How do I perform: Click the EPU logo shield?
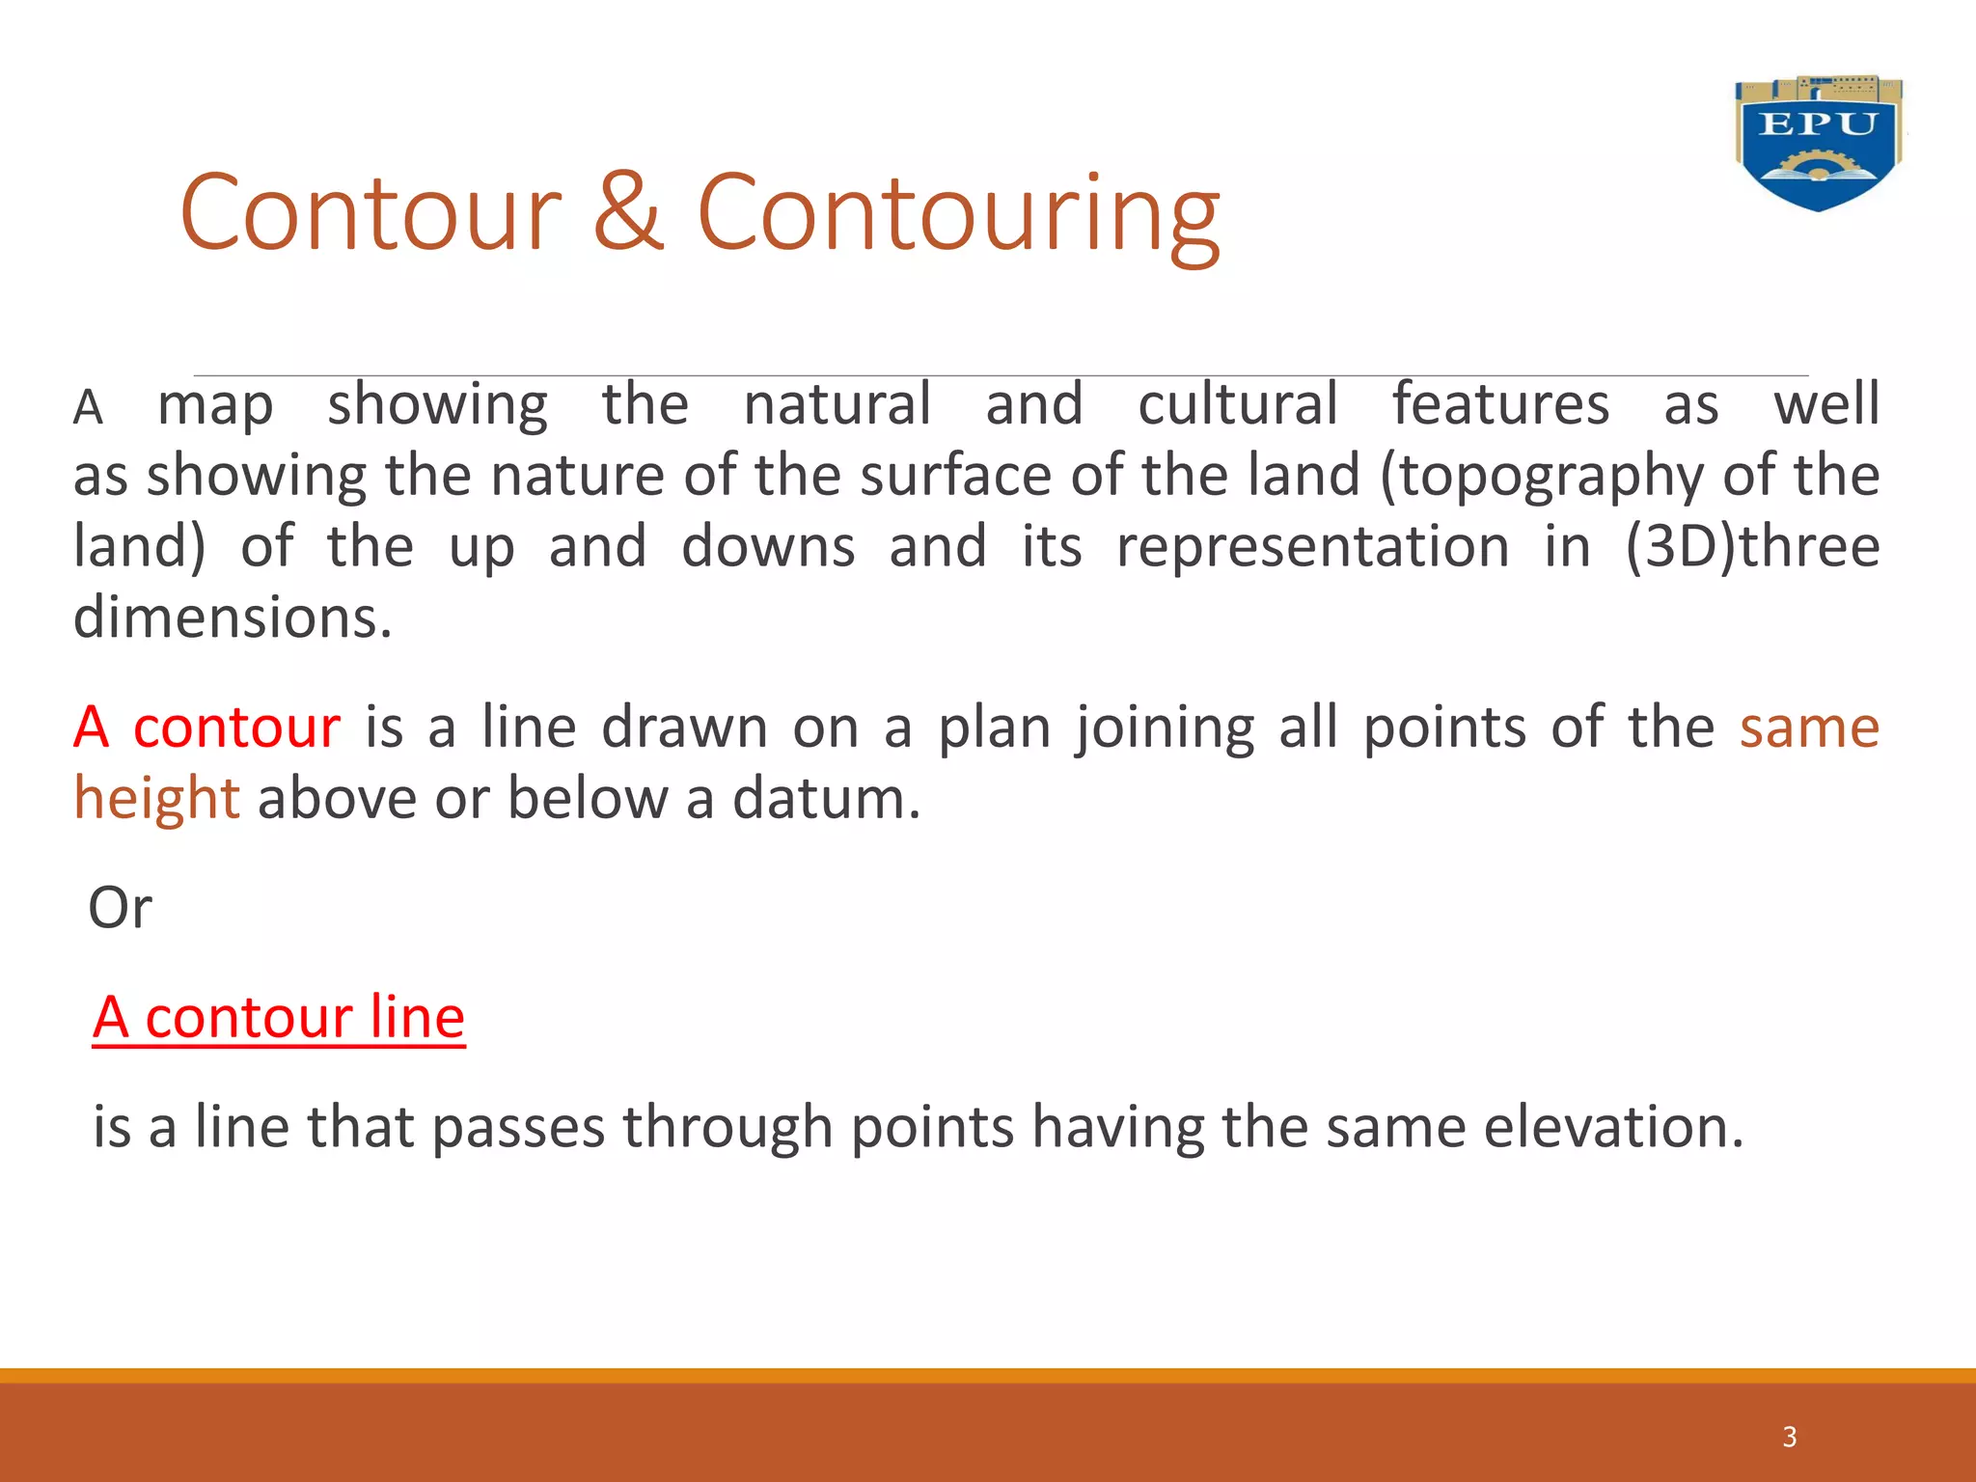1818,144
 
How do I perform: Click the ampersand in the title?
628,212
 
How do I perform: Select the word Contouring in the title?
958,214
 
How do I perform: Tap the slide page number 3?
1789,1437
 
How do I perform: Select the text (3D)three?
1752,547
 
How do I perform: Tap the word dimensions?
233,618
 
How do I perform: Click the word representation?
1312,547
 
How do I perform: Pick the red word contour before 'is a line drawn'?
236,727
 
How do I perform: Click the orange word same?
1809,727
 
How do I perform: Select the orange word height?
157,800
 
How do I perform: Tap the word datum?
826,800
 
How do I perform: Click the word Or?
120,909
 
